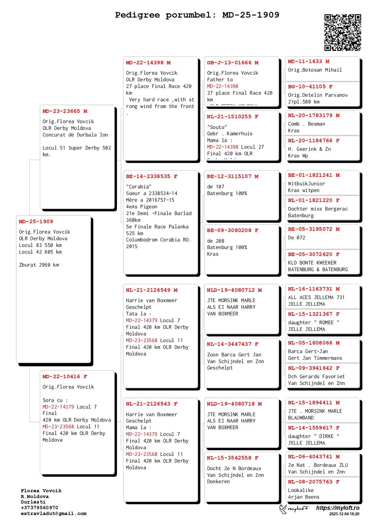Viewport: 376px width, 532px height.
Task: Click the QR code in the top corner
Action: (x=343, y=32)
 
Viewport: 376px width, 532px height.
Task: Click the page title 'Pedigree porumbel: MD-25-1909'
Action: (x=197, y=15)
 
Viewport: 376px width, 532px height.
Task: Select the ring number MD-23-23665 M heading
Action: (x=65, y=111)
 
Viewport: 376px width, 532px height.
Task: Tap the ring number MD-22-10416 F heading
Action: (x=65, y=377)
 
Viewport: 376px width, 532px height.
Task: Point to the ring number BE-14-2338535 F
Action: (x=151, y=177)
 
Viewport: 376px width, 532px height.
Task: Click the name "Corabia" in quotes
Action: (x=139, y=187)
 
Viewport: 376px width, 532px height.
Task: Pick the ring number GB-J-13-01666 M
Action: (x=233, y=63)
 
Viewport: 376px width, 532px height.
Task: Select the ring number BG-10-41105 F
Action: (x=310, y=87)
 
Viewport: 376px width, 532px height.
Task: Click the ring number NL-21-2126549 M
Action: (x=151, y=290)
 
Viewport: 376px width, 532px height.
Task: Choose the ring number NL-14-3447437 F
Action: (x=233, y=344)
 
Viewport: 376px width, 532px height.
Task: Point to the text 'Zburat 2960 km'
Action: (x=39, y=265)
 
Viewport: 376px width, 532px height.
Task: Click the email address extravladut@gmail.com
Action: (x=54, y=513)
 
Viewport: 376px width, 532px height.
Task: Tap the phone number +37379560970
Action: (x=39, y=508)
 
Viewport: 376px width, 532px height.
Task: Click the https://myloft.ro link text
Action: (x=338, y=508)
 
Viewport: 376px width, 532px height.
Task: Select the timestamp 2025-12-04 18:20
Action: (x=344, y=514)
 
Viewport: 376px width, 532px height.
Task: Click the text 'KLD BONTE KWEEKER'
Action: (x=312, y=263)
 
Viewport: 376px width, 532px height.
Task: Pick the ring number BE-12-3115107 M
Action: (x=233, y=177)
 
